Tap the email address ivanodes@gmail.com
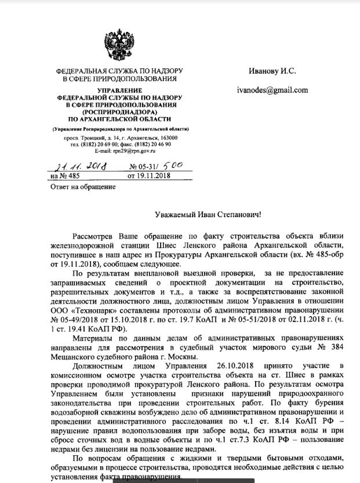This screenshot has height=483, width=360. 272,90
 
